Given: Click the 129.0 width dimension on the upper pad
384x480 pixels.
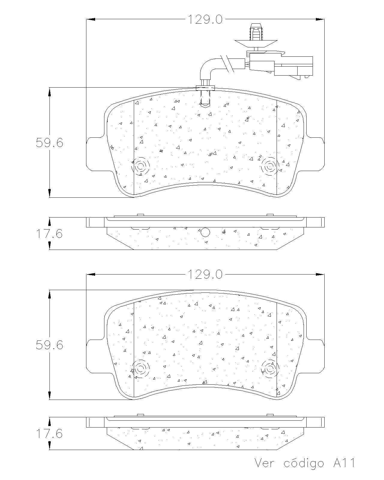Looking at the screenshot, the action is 205,19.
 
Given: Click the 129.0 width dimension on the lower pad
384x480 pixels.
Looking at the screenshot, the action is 205,274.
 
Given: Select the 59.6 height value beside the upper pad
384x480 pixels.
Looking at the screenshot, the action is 49,142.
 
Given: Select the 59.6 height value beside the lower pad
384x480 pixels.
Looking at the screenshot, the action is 49,345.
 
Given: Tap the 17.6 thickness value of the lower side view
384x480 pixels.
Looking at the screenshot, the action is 49,433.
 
